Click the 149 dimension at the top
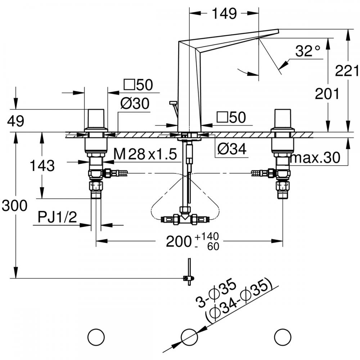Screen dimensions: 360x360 pos(224,14)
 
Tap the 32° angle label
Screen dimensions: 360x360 pos(307,51)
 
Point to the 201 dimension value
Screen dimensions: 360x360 pos(327,94)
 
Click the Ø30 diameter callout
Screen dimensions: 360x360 pos(135,104)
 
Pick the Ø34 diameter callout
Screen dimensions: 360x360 pos(232,149)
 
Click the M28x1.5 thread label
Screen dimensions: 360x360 pos(145,155)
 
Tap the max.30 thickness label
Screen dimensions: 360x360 pos(315,158)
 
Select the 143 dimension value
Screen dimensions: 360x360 pos(42,166)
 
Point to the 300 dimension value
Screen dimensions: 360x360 pos(14,206)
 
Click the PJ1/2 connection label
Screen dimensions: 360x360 pos(57,217)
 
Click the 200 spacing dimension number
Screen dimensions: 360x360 pos(178,242)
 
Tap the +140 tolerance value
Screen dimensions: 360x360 pos(207,237)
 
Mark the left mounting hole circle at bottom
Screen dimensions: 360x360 pos(96,337)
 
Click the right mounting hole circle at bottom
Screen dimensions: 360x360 pos(282,337)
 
